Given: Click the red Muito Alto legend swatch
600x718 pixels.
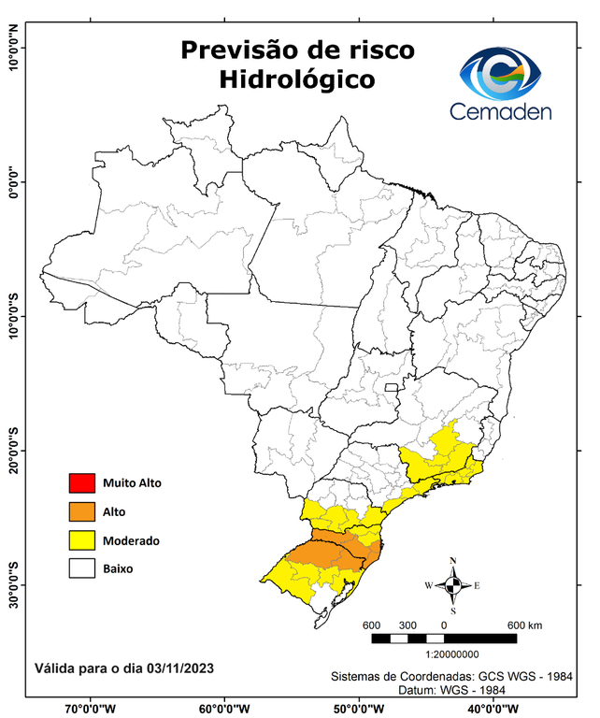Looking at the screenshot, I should pos(82,483).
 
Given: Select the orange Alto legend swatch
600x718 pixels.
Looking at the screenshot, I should pos(82,511).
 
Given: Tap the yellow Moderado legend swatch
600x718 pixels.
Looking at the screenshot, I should pos(82,539).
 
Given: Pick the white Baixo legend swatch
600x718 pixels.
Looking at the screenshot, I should pos(82,567).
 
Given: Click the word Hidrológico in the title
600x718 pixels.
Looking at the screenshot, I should pos(296,80).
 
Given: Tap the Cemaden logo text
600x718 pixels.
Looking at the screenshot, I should pos(501,111).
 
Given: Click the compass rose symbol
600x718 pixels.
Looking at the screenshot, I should pos(453,586).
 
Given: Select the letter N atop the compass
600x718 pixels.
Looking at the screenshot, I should pos(453,561).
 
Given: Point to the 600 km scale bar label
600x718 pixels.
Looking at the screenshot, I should pos(523,625).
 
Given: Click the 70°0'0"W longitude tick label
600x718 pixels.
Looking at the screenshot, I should pos(91,708).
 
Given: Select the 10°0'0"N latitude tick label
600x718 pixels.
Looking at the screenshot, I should pos(13,48).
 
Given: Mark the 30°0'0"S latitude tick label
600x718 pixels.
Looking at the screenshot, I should pos(13,584).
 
